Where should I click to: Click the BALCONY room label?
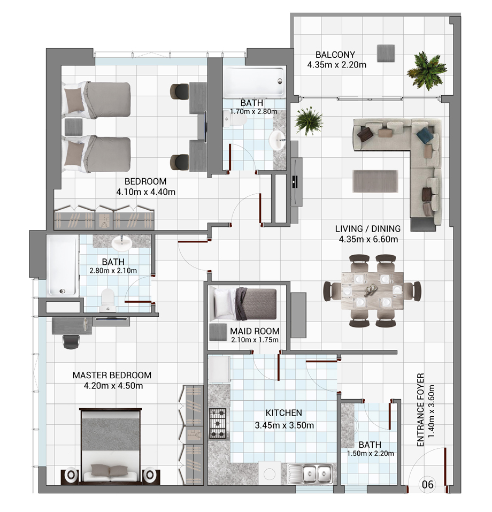pyautogui.click(x=335, y=55)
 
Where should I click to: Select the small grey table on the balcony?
pyautogui.click(x=386, y=53)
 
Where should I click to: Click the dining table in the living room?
pyautogui.click(x=372, y=290)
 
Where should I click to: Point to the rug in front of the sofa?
pyautogui.click(x=375, y=181)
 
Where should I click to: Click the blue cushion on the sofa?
pyautogui.click(x=423, y=134)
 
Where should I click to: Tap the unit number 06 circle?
pyautogui.click(x=427, y=484)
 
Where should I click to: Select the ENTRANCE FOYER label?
pyautogui.click(x=420, y=410)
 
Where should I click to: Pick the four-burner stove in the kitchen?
pyautogui.click(x=218, y=423)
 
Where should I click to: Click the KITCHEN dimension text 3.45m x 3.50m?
pyautogui.click(x=284, y=425)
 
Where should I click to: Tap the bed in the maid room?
pyautogui.click(x=243, y=304)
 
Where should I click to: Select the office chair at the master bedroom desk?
pyautogui.click(x=71, y=341)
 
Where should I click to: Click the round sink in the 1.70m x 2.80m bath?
pyautogui.click(x=278, y=140)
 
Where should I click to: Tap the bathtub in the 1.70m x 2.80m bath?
pyautogui.click(x=253, y=82)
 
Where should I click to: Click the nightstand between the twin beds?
pyautogui.click(x=74, y=127)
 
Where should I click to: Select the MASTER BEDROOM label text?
pyautogui.click(x=112, y=375)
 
